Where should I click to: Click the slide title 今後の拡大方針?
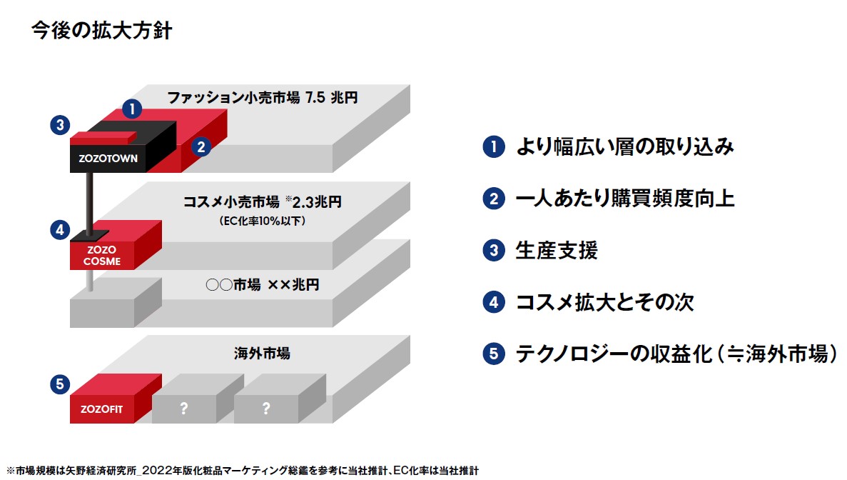(x=101, y=30)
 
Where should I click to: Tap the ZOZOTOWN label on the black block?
(x=108, y=159)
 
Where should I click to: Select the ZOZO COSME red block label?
(x=101, y=255)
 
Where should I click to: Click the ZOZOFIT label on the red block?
(x=101, y=409)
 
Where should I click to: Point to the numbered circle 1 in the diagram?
(x=132, y=109)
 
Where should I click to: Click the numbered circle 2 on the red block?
(x=201, y=146)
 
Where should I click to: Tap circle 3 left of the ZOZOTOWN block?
(x=60, y=125)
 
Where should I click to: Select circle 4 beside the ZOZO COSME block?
(x=60, y=230)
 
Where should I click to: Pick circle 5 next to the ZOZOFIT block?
(x=60, y=384)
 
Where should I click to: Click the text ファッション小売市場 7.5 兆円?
(x=262, y=97)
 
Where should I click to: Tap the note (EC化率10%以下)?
(x=262, y=221)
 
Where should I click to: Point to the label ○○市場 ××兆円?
(x=262, y=284)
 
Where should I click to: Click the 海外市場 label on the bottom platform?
(x=262, y=354)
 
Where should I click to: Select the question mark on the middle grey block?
(x=183, y=409)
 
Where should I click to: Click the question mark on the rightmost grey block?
(x=265, y=409)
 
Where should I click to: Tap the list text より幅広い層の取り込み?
(x=624, y=146)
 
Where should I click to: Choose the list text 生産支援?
(x=557, y=250)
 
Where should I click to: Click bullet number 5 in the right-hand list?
(x=494, y=354)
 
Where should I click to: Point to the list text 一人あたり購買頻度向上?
(x=625, y=199)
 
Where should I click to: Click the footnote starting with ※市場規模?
(x=243, y=471)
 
